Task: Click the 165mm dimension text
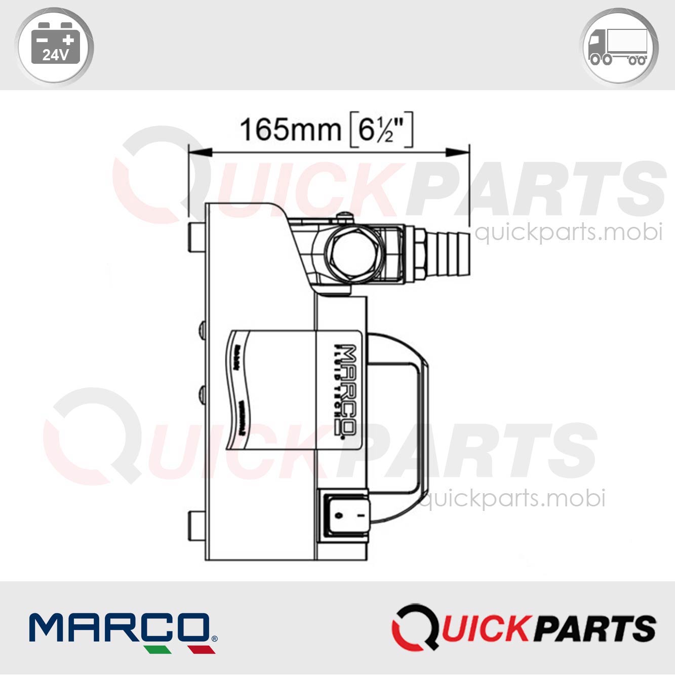(291, 130)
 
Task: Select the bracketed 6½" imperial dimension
(381, 130)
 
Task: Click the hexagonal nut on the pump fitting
(351, 253)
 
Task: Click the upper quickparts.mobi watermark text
(569, 232)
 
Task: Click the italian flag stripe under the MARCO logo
(180, 649)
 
